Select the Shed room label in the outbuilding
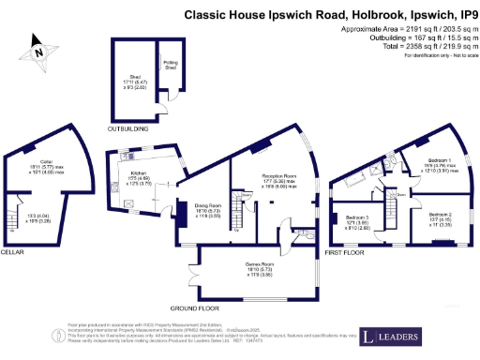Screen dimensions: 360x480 [128, 79]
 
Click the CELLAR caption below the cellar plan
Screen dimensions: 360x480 [12, 252]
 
